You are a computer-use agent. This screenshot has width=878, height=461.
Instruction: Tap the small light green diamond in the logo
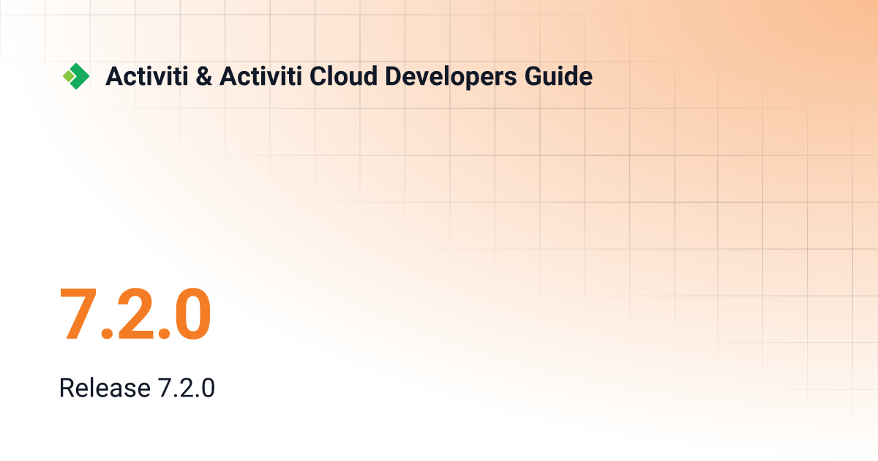point(69,76)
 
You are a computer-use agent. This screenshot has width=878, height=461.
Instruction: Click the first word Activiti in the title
point(147,76)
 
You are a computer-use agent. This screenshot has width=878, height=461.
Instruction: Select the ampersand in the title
point(204,76)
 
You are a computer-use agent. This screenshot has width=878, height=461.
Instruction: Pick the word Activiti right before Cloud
point(261,76)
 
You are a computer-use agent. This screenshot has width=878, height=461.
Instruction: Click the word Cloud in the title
point(344,76)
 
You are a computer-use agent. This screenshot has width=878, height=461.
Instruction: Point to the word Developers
point(451,78)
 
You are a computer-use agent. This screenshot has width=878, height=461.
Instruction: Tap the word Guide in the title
point(558,76)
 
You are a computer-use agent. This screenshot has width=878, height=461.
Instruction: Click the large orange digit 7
point(78,314)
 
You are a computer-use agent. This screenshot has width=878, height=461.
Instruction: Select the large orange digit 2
point(135,314)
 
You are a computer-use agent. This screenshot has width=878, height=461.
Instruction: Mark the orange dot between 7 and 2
point(107,333)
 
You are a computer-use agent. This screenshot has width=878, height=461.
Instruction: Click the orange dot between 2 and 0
point(164,333)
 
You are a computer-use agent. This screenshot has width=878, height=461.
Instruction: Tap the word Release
point(105,388)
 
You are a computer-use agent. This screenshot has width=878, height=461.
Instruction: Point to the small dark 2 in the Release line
point(186,388)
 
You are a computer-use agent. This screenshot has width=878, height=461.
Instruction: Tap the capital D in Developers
point(394,76)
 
